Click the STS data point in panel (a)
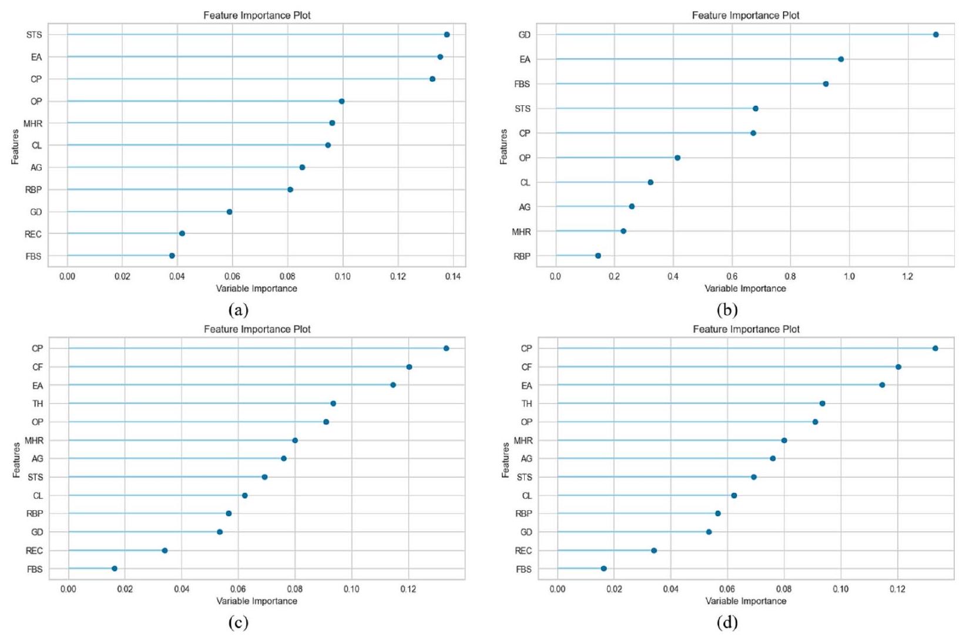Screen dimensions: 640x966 pos(447,35)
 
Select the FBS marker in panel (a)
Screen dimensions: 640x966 pos(172,256)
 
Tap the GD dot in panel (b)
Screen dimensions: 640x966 pos(936,35)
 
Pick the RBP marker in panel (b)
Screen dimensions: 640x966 pos(598,256)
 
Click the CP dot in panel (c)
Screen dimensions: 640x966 pos(447,349)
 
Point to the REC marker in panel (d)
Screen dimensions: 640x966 pos(654,551)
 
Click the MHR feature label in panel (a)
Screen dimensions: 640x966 pos(33,123)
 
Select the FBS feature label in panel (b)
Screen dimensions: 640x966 pos(522,84)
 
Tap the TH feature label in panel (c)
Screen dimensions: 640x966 pos(38,404)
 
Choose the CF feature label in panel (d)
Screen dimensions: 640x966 pos(526,367)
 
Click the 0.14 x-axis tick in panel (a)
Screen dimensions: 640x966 pos(453,277)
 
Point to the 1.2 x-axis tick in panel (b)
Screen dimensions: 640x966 pos(908,277)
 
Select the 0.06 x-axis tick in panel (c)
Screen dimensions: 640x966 pos(238,589)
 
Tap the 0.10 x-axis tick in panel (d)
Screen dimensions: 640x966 pos(841,589)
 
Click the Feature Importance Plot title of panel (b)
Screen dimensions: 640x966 pos(746,15)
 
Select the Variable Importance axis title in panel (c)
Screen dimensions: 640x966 pos(257,601)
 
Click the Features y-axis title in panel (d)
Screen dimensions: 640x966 pos(505,460)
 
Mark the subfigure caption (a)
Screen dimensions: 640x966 pos(238,310)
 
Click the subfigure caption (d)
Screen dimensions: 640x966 pos(727,622)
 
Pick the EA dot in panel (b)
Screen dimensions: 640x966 pos(841,59)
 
